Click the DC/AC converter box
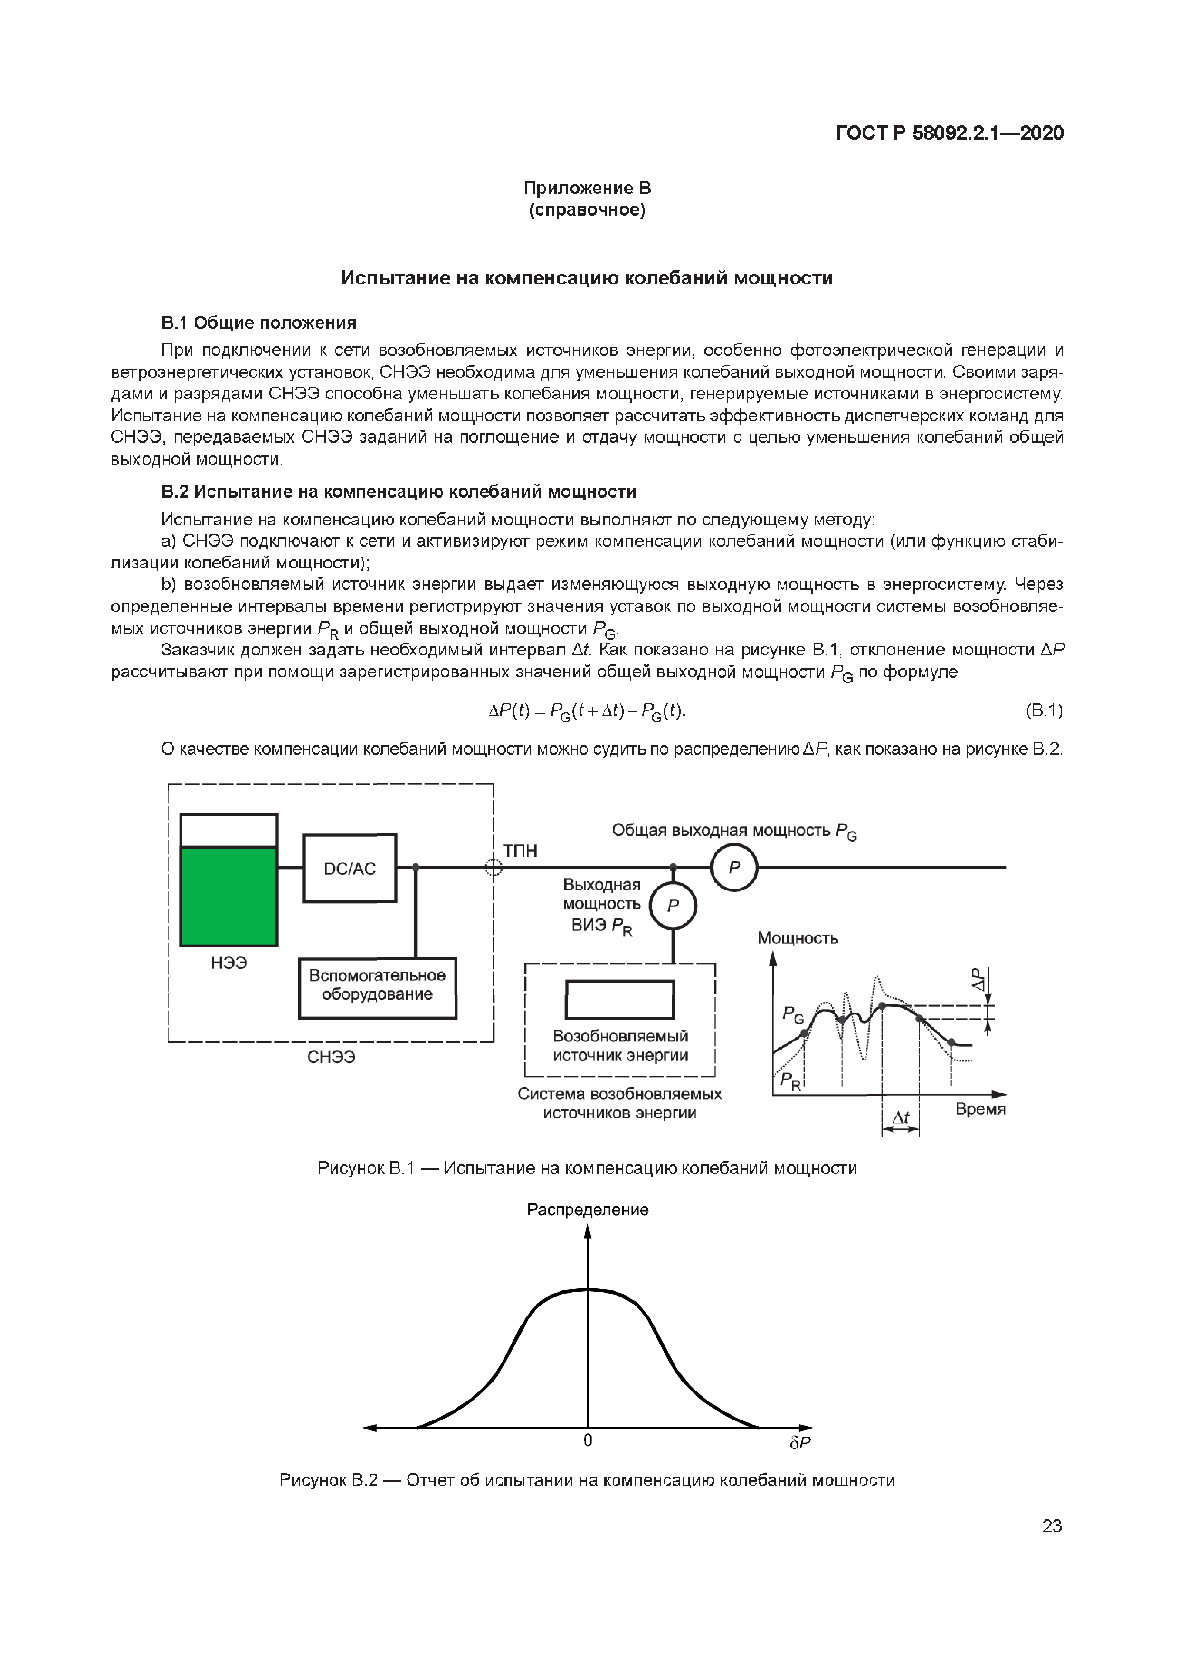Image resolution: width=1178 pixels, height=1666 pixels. pos(350,869)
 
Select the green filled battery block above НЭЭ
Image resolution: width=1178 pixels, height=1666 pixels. pos(228,897)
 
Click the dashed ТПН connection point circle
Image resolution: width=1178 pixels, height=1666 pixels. pos(494,867)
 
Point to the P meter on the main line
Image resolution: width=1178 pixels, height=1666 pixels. pos(734,868)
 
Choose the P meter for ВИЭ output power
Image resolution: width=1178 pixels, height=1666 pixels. pos(673,906)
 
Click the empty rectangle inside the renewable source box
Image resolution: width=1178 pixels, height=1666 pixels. pos(620,1000)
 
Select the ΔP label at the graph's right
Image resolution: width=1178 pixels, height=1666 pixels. pos(980,980)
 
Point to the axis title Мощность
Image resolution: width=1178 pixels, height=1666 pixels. pos(798,938)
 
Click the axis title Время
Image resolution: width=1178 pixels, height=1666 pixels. pos(980,1109)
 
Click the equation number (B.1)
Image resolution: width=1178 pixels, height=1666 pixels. pos(1044,710)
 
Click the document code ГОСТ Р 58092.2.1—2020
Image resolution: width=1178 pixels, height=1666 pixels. pos(950,133)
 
